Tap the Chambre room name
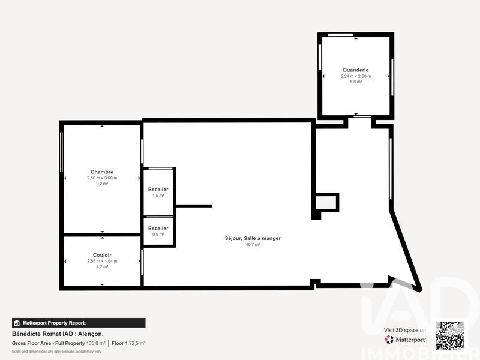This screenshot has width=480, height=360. click(x=102, y=172)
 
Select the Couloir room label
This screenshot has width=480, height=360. click(x=102, y=255)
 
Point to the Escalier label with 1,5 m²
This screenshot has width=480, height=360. click(x=158, y=190)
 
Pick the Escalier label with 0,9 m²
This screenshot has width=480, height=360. click(x=158, y=228)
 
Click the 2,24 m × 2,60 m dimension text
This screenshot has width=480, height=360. click(x=355, y=76)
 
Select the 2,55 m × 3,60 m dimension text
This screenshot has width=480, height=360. click(x=102, y=178)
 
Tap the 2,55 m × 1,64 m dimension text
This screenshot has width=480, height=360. click(x=102, y=261)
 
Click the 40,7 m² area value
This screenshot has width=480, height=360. click(x=252, y=244)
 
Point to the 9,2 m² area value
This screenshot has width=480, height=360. click(x=102, y=184)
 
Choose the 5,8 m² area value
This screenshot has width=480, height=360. click(x=355, y=82)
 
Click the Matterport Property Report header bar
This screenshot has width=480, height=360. click(x=78, y=323)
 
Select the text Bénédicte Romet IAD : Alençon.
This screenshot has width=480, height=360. click(x=58, y=334)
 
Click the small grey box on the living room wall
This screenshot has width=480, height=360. click(x=326, y=203)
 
